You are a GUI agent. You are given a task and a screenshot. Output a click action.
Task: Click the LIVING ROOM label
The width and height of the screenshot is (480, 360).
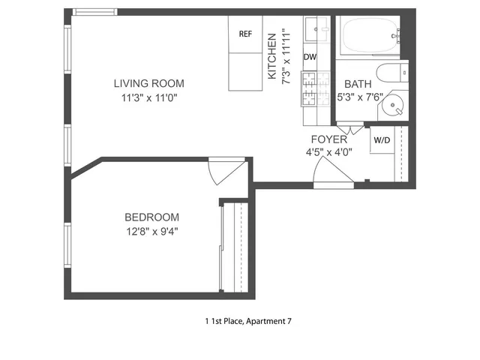[x=148, y=83]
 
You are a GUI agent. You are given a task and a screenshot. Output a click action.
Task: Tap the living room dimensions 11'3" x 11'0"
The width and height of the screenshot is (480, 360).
[x=148, y=97]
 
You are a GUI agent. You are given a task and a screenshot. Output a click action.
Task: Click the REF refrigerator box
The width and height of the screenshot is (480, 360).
[x=245, y=34]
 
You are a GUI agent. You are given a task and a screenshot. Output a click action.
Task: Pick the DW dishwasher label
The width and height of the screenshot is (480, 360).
[x=310, y=57]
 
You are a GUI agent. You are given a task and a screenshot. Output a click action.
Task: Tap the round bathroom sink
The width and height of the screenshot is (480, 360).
[x=391, y=106]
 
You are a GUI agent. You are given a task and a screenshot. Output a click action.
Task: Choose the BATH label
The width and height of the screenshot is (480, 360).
[x=356, y=83]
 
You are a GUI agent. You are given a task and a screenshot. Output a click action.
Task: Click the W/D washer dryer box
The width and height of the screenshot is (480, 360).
[x=381, y=139]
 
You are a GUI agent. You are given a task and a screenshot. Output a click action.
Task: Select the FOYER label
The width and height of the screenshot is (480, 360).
[x=328, y=139]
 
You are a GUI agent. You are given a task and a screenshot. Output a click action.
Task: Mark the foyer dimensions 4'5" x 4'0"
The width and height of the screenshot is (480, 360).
[x=328, y=152]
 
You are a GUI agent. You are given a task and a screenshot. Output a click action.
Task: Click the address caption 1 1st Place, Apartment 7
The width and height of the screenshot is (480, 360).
[x=247, y=322]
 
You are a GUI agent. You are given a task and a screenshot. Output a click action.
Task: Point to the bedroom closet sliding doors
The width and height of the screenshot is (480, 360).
[x=222, y=247]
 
